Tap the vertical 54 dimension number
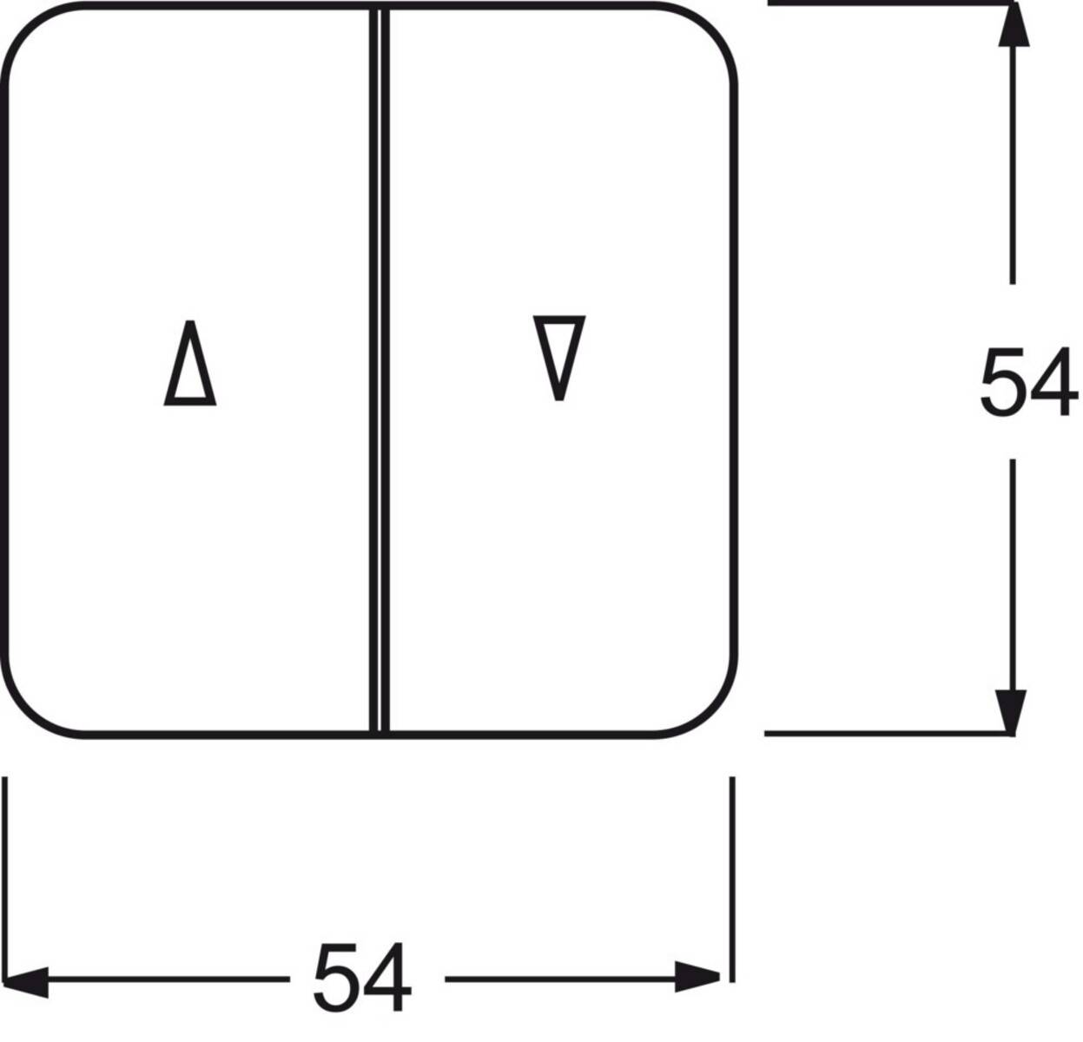[x=1029, y=382]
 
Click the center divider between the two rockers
[x=379, y=370]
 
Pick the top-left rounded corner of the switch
[x=28, y=29]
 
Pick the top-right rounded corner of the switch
[x=711, y=28]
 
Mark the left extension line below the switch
[x=5, y=879]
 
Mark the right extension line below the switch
[x=732, y=879]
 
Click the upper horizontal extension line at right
[x=890, y=3]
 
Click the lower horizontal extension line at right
[x=888, y=735]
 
